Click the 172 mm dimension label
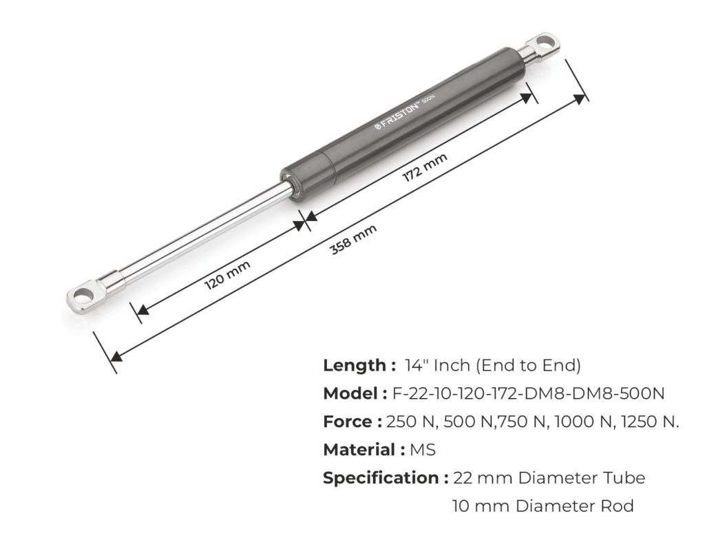point(424,167)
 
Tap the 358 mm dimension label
point(353,239)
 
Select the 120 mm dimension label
point(227,275)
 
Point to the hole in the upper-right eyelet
point(545,43)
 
